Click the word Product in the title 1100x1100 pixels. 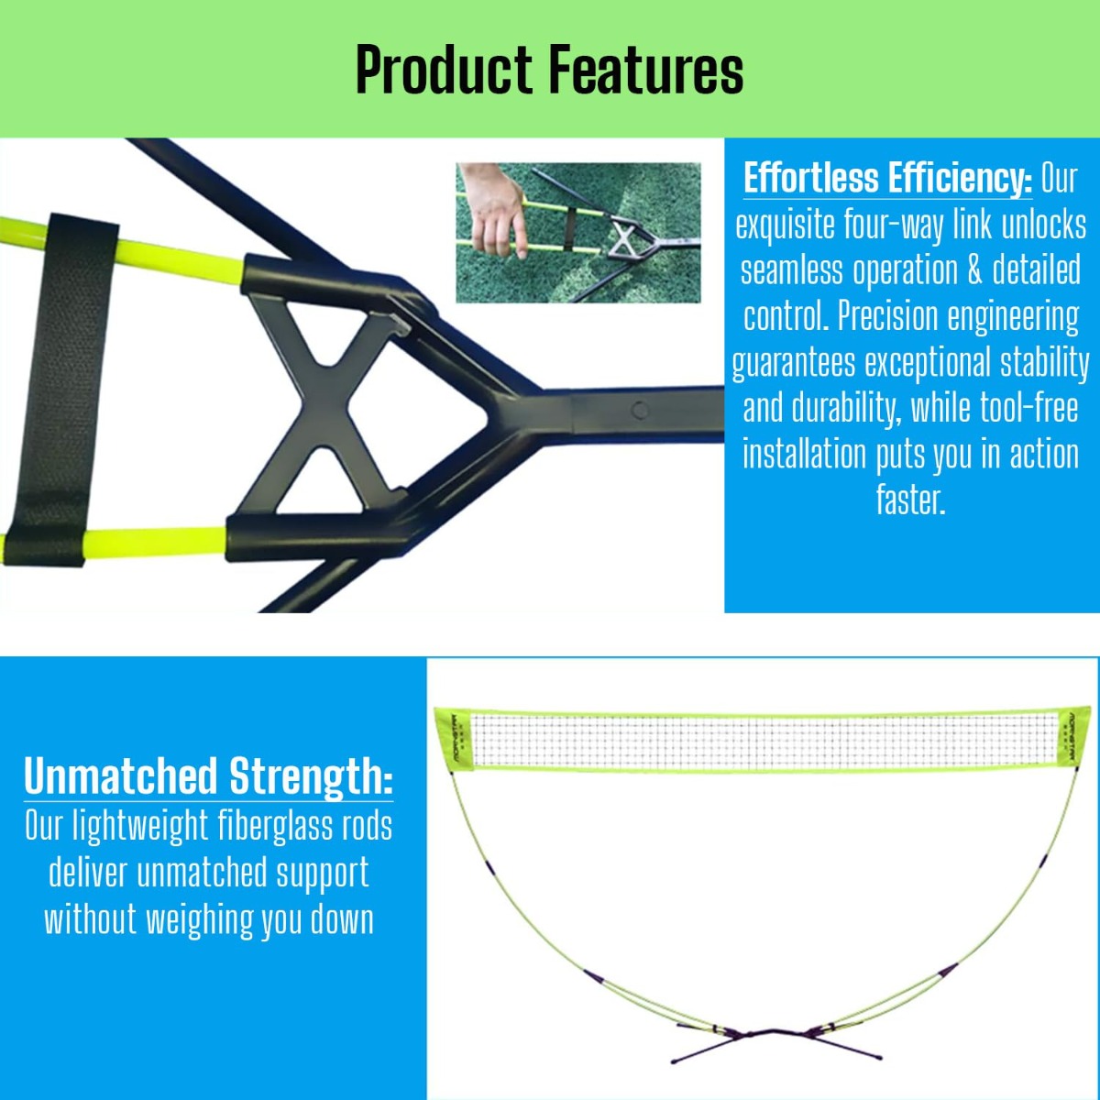[x=444, y=70]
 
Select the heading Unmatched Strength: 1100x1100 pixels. [x=208, y=776]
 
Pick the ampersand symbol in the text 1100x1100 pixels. [x=975, y=270]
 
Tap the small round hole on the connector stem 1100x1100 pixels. [x=640, y=410]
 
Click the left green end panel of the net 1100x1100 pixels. [x=455, y=740]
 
